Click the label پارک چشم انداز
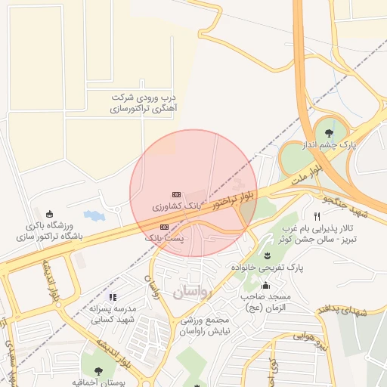tap(327, 144)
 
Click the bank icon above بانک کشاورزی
tap(176, 194)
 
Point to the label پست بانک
tap(163, 237)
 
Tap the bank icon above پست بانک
tap(163, 227)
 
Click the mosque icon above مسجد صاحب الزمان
tap(265, 285)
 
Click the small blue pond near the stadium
tap(94, 216)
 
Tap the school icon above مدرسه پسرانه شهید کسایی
tap(113, 297)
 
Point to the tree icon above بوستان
tap(98, 370)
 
